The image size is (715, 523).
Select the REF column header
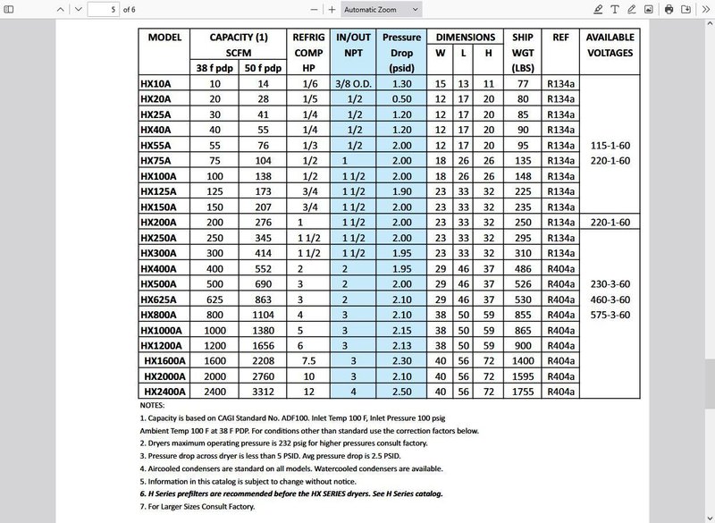(560, 38)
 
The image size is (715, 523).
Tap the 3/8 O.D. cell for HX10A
(353, 83)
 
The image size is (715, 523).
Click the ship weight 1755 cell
(522, 391)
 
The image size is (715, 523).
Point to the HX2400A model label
(164, 391)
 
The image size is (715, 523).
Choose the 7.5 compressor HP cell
(308, 360)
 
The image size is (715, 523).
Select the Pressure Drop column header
(401, 53)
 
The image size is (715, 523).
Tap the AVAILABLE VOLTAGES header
(610, 45)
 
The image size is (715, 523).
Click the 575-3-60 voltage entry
(610, 315)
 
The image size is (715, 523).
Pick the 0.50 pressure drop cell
(401, 98)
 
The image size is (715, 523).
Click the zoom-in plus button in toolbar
(332, 9)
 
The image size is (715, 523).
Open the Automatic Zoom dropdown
(381, 9)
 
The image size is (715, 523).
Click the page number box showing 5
(103, 9)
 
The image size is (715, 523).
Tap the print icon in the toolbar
(669, 9)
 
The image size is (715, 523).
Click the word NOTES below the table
(154, 405)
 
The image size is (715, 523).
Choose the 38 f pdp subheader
(214, 68)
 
